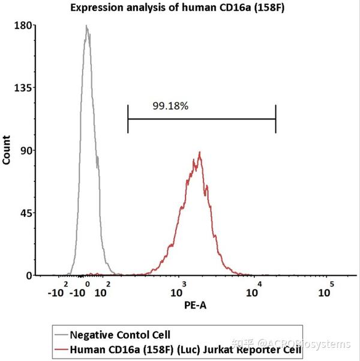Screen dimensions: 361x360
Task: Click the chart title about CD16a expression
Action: point(179,8)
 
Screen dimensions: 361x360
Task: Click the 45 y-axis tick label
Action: point(23,213)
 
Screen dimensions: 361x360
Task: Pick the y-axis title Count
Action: point(7,150)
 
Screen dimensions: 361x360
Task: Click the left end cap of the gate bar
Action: point(128,118)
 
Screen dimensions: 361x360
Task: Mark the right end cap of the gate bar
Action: point(275,118)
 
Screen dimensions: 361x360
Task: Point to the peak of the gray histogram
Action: point(86,26)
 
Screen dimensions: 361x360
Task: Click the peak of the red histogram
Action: point(199,153)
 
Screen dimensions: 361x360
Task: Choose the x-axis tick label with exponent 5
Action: point(326,291)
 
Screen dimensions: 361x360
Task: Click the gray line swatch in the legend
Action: point(60,335)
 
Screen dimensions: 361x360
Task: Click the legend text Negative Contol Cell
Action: point(120,335)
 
